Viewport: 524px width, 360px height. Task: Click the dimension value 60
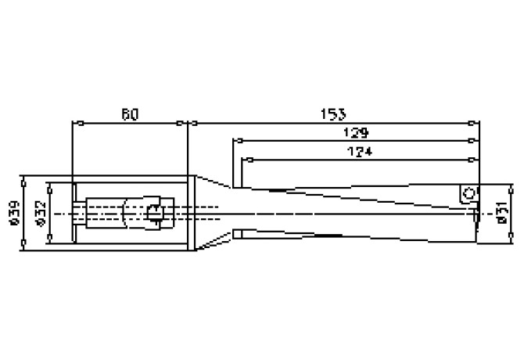(x=130, y=114)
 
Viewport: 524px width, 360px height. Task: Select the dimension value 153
(x=334, y=114)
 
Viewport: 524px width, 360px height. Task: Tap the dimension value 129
(x=357, y=133)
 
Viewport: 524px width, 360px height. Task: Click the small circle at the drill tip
(x=468, y=193)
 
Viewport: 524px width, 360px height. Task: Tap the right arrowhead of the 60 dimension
(x=185, y=123)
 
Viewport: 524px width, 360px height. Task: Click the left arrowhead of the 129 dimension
(x=235, y=141)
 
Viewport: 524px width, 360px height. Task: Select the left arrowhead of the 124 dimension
(x=246, y=160)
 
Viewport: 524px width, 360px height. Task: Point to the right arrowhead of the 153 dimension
(x=475, y=123)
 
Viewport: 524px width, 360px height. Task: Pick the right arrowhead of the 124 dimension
(x=475, y=160)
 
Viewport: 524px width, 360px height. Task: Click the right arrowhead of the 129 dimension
(x=475, y=141)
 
